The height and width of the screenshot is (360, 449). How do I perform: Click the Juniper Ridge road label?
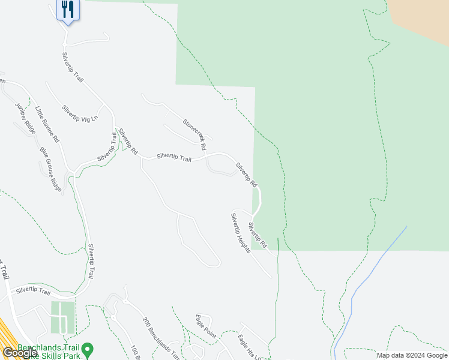[25, 118]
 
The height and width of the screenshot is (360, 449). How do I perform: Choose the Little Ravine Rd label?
[47, 124]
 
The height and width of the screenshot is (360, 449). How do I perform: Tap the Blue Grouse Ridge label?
[51, 170]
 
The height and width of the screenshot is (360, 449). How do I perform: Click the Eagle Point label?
[205, 326]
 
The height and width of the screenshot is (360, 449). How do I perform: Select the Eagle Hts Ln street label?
[250, 347]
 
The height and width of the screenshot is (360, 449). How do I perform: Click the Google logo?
[20, 353]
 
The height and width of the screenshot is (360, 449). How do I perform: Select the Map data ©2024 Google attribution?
[411, 355]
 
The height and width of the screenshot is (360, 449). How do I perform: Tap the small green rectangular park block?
[63, 317]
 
